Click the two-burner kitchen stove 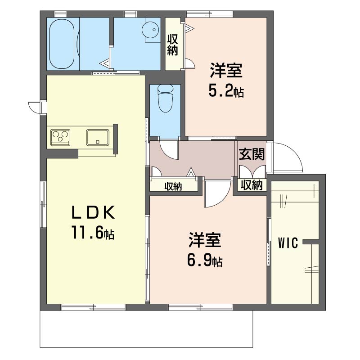tap(60, 136)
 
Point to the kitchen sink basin tap(98, 137)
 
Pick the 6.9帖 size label tap(205, 261)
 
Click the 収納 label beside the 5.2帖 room tap(172, 45)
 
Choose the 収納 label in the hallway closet tap(173, 186)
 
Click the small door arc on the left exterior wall tap(34, 108)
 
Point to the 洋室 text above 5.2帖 tap(225, 71)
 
